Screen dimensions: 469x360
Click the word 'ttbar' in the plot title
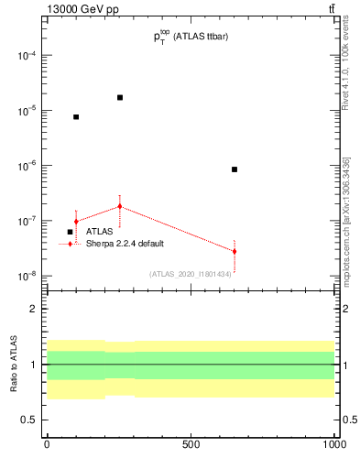point(234,37)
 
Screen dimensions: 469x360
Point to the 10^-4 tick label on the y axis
point(27,55)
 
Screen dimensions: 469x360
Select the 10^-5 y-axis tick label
point(27,111)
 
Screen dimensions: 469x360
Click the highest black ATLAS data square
point(120,97)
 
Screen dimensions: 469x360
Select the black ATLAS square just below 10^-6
point(235,169)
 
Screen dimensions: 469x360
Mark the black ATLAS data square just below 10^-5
point(76,117)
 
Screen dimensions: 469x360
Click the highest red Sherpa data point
point(120,206)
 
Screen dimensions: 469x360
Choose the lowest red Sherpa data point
point(235,251)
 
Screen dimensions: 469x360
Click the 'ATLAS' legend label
point(101,232)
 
